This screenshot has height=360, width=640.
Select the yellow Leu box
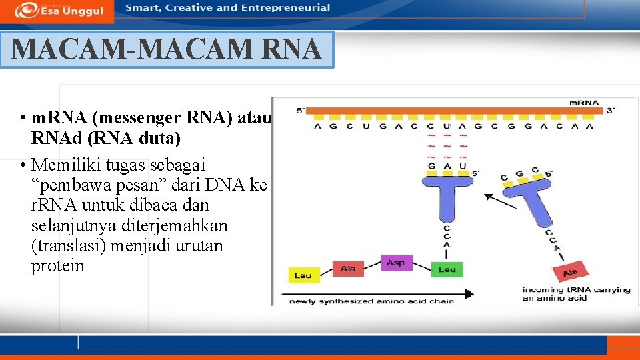(x=304, y=275)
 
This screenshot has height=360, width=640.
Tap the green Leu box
(x=447, y=269)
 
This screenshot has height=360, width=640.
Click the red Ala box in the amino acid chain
(x=348, y=269)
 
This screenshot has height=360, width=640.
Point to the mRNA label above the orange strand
(x=583, y=102)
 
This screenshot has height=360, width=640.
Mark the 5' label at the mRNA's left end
(x=301, y=111)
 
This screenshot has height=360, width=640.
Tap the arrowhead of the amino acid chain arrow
(x=469, y=293)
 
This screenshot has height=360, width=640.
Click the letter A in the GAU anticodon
(x=446, y=165)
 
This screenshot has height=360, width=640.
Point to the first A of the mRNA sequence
(x=317, y=126)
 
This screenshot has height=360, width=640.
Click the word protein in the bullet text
(x=58, y=266)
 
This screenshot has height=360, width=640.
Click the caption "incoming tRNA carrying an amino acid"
(x=576, y=294)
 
